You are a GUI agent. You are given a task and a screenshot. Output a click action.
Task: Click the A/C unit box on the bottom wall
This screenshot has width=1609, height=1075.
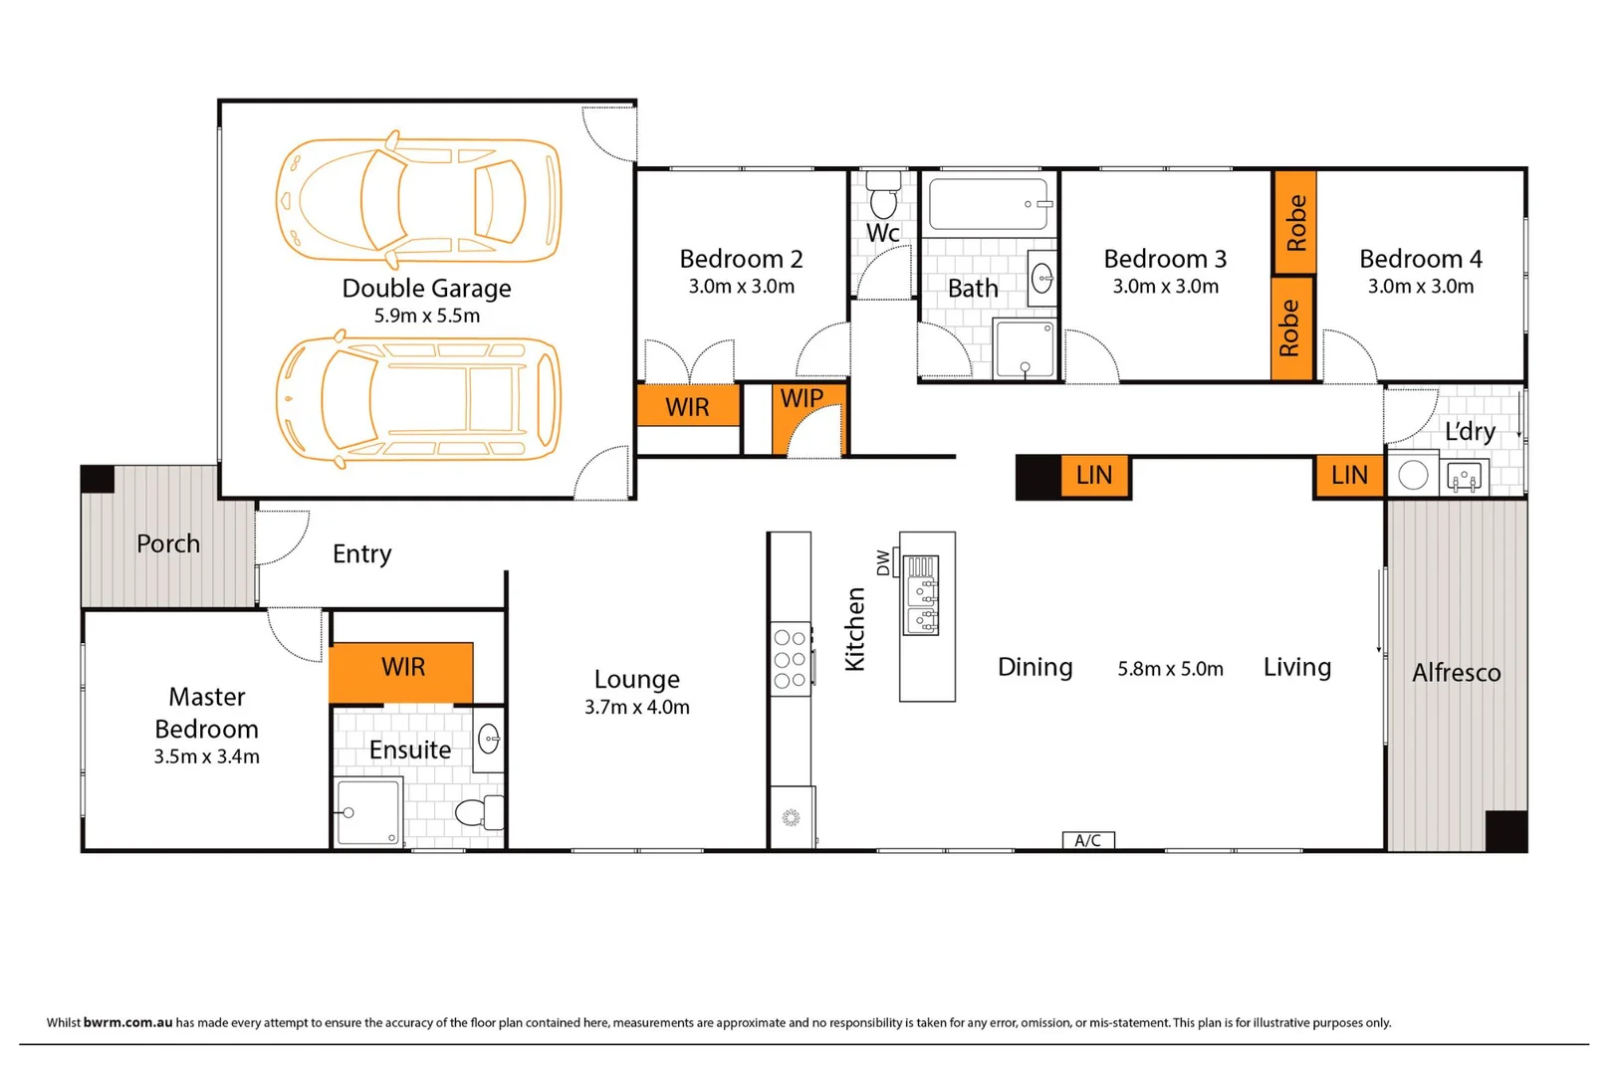click(x=1087, y=841)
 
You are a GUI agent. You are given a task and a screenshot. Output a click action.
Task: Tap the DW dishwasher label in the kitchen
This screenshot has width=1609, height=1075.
click(x=883, y=562)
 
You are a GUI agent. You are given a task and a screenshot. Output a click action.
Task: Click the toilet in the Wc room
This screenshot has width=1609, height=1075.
click(x=883, y=196)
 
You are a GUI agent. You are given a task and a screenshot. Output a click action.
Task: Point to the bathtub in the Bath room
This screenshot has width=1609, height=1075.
click(x=989, y=204)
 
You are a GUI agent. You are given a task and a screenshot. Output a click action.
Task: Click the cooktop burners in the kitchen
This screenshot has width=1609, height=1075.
click(x=790, y=659)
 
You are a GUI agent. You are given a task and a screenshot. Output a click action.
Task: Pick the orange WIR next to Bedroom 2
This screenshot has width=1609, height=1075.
click(x=688, y=407)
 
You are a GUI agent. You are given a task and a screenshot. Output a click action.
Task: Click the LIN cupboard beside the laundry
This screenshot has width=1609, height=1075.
click(x=1349, y=476)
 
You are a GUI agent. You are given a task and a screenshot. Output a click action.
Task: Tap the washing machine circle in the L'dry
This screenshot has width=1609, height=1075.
click(x=1413, y=475)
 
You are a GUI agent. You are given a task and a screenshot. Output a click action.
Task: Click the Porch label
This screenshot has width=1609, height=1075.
click(x=168, y=544)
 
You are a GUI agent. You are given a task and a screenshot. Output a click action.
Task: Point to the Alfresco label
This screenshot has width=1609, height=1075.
click(x=1456, y=673)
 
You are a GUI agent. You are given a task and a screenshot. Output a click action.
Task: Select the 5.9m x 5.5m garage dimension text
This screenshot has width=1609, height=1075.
click(x=426, y=317)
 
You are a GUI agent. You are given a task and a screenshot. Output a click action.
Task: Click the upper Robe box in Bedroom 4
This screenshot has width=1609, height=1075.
click(x=1294, y=222)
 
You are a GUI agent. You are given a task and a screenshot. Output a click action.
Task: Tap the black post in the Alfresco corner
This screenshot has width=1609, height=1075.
click(x=1505, y=830)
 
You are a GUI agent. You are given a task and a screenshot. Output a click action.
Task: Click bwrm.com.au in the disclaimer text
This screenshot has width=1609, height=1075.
click(x=127, y=1022)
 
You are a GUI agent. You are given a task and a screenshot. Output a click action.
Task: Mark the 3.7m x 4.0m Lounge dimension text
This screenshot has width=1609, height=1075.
click(x=636, y=708)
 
